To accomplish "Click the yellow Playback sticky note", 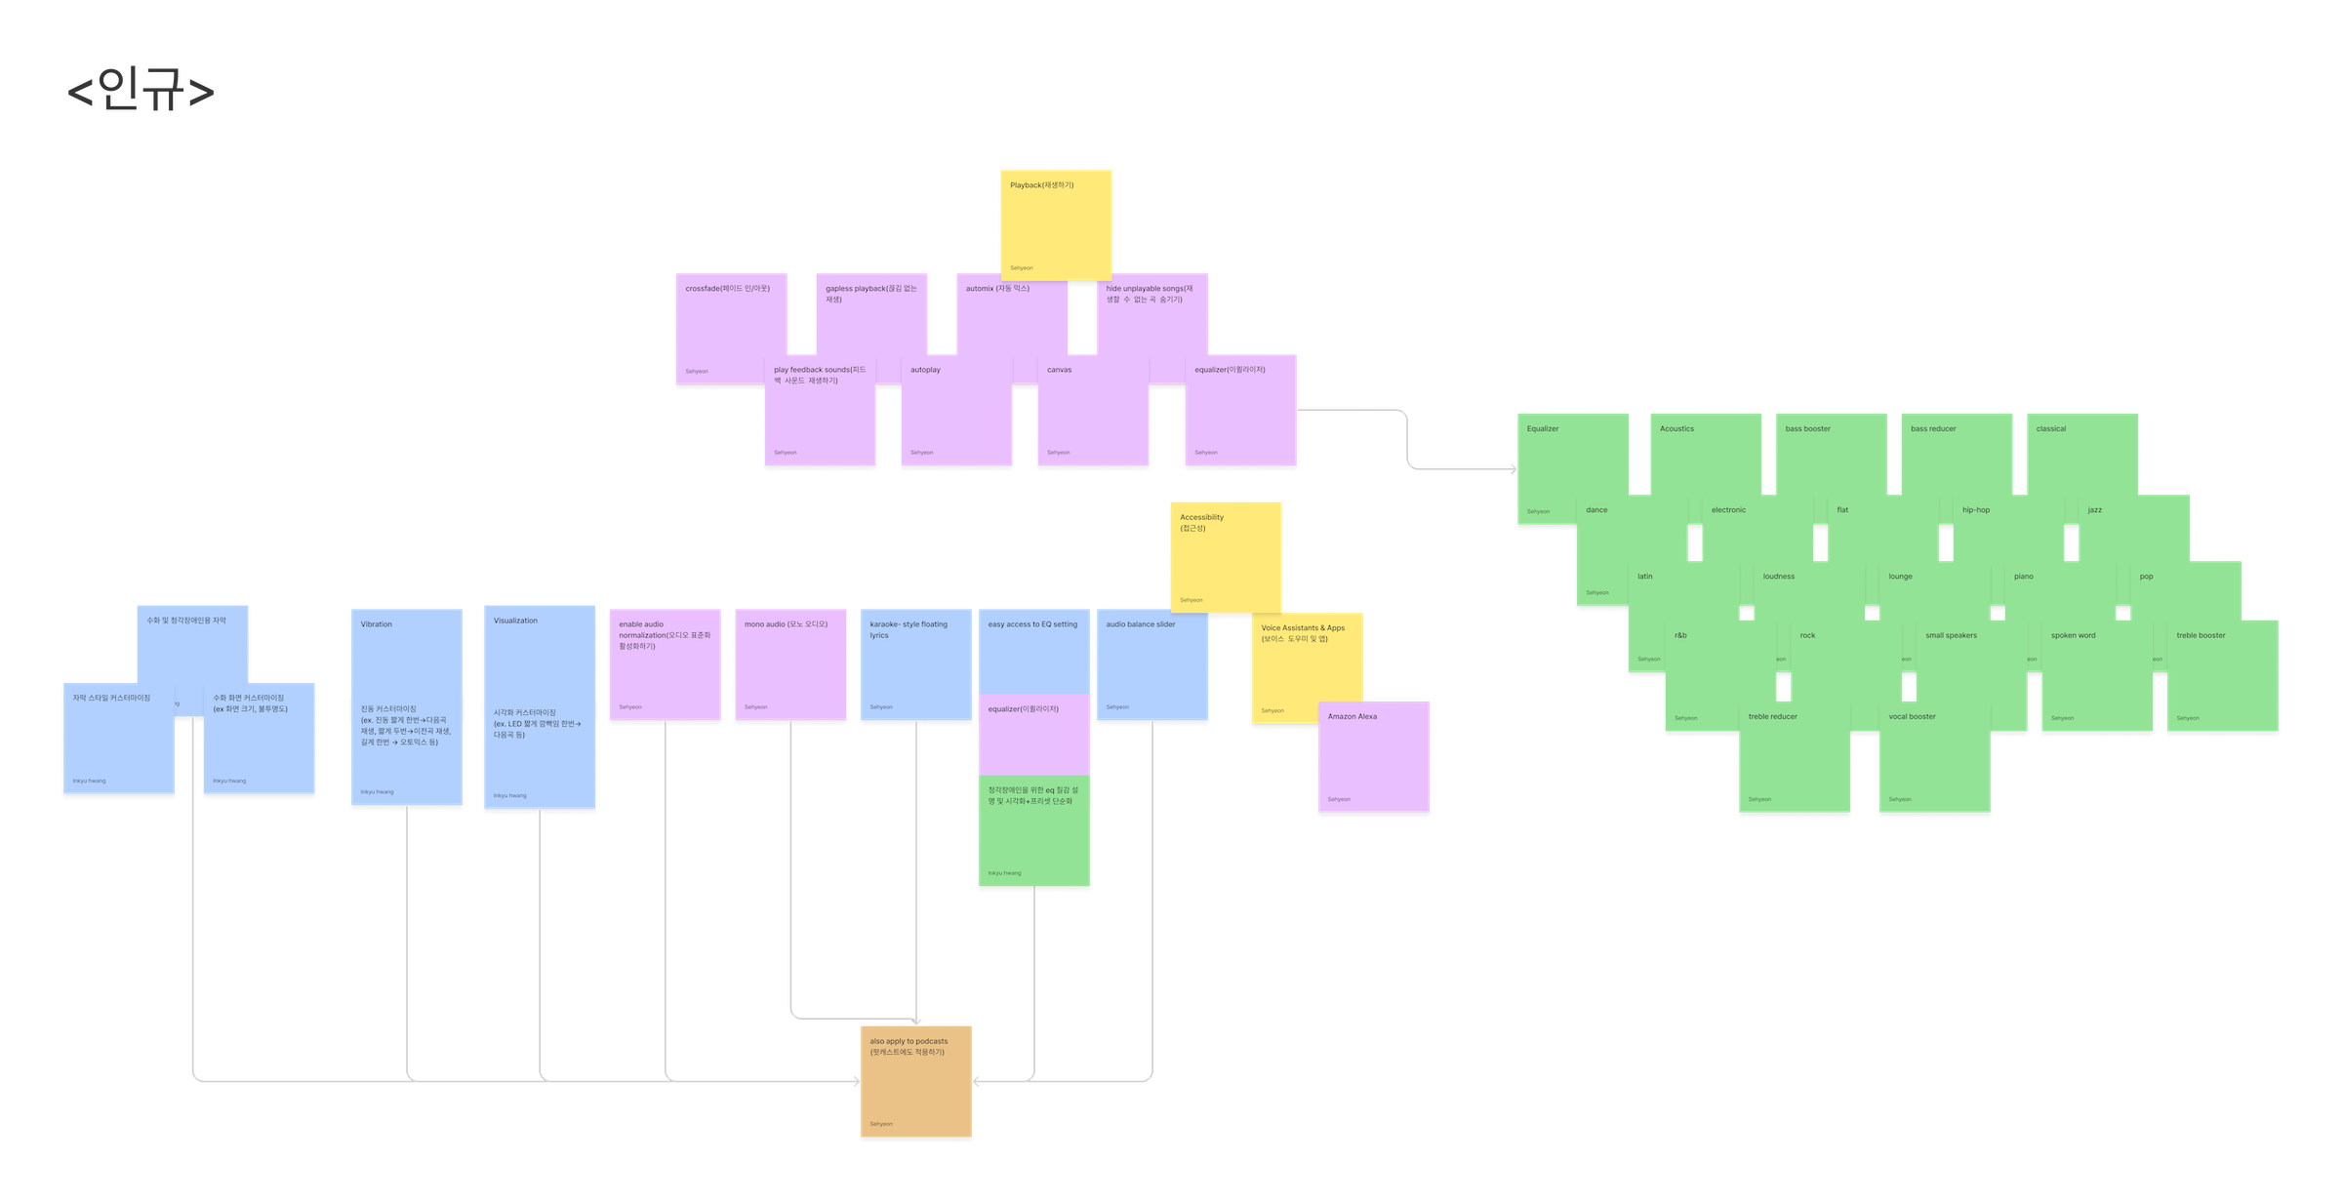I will [1056, 224].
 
